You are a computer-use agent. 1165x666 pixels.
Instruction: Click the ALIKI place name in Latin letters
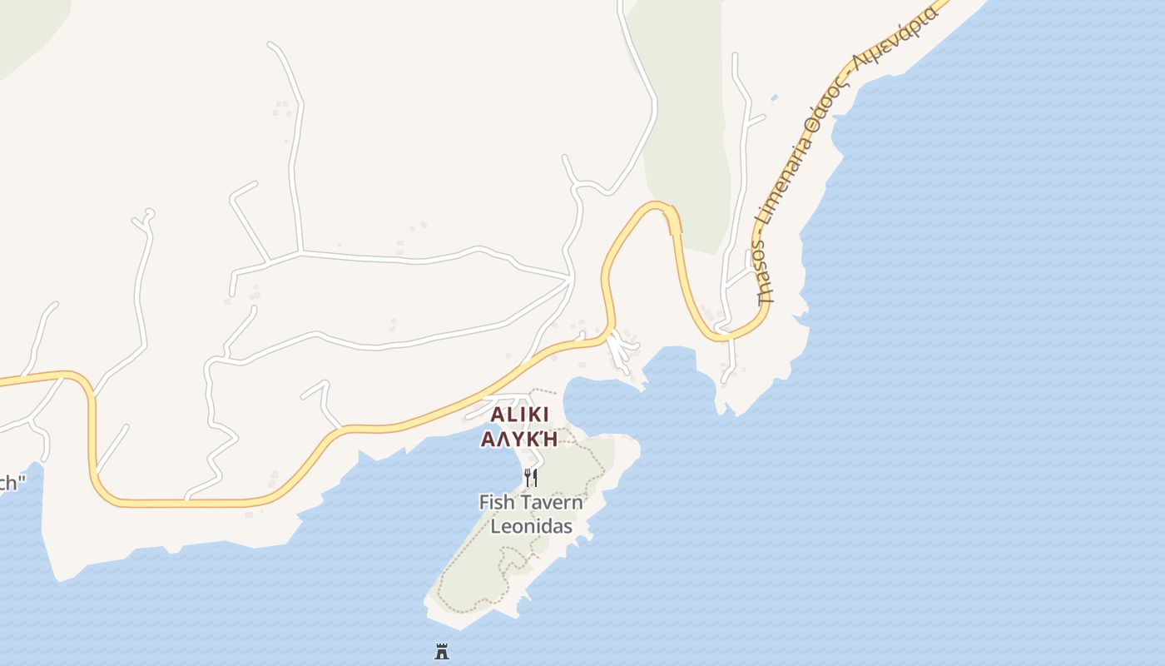pyautogui.click(x=519, y=415)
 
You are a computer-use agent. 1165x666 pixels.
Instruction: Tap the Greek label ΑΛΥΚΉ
pyautogui.click(x=519, y=438)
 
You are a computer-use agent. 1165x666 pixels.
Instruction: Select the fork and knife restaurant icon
pyautogui.click(x=530, y=477)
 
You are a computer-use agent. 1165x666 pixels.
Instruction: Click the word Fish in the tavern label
pyautogui.click(x=498, y=502)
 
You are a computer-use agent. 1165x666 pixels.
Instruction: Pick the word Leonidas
pyautogui.click(x=531, y=526)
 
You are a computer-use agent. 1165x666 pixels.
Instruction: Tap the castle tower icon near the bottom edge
pyautogui.click(x=442, y=651)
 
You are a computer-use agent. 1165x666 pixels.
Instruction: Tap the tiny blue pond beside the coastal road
pyautogui.click(x=775, y=99)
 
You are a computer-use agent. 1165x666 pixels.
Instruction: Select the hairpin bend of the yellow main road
pyautogui.click(x=660, y=206)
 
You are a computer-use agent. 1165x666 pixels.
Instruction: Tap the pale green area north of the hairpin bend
pyautogui.click(x=687, y=125)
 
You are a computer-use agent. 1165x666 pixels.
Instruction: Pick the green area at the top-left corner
pyautogui.click(x=25, y=25)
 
